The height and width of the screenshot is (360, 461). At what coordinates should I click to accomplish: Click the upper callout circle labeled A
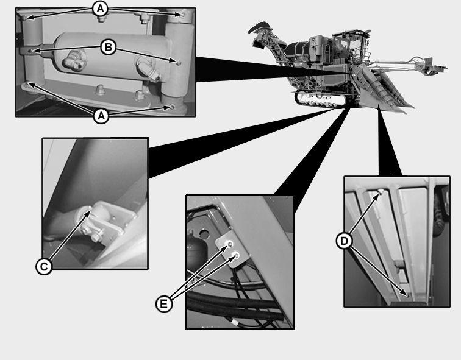[100, 9]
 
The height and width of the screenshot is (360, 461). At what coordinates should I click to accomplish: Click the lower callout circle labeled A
[101, 116]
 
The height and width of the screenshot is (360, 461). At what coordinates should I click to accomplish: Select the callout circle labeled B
[109, 48]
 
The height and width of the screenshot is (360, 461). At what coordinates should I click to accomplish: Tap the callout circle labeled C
[44, 267]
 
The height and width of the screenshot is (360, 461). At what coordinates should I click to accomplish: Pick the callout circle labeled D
[344, 241]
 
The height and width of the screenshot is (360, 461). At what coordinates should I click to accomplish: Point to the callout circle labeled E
[164, 303]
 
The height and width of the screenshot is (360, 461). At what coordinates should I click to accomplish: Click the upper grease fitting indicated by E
[230, 244]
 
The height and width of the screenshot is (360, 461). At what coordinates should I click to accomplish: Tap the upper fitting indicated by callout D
[381, 192]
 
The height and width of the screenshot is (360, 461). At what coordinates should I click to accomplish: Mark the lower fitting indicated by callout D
[407, 295]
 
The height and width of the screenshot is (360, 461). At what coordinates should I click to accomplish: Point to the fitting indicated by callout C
[90, 210]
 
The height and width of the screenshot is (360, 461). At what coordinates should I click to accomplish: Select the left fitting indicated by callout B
[31, 51]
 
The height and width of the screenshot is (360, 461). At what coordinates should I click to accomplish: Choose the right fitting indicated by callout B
[179, 63]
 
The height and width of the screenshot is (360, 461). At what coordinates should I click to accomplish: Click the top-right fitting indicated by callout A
[183, 14]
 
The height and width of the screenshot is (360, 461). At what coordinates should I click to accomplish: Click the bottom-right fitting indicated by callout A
[173, 107]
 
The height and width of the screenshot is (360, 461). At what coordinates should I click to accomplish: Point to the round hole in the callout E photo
[204, 234]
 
